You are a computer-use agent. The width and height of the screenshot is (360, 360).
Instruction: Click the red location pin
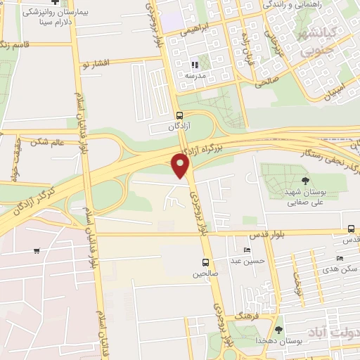(x=181, y=165)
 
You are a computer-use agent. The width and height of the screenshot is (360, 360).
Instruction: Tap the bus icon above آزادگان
(x=179, y=115)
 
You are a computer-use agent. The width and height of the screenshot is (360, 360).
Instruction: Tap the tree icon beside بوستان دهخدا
(x=279, y=329)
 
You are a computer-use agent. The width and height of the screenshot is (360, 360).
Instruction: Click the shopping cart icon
(x=36, y=250)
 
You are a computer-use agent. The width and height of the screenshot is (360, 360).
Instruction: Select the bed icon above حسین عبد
(x=246, y=250)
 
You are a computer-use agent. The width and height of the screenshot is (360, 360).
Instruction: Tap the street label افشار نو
(x=96, y=63)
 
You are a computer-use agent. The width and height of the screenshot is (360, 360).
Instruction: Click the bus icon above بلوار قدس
(x=351, y=229)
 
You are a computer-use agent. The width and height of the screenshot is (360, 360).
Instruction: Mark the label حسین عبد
(x=251, y=261)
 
